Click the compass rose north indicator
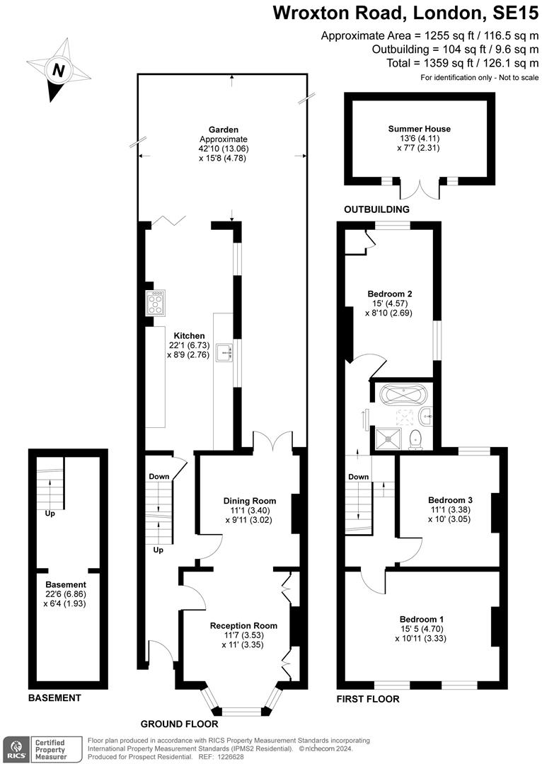[x=59, y=70]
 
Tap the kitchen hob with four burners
[x=156, y=303]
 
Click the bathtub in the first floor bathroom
[x=401, y=393]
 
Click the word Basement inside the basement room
[x=66, y=584]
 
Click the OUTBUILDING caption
[x=376, y=210]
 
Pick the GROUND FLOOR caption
[x=179, y=724]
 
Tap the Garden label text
[x=223, y=129]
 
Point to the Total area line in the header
[x=454, y=63]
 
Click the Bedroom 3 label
[x=450, y=499]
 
